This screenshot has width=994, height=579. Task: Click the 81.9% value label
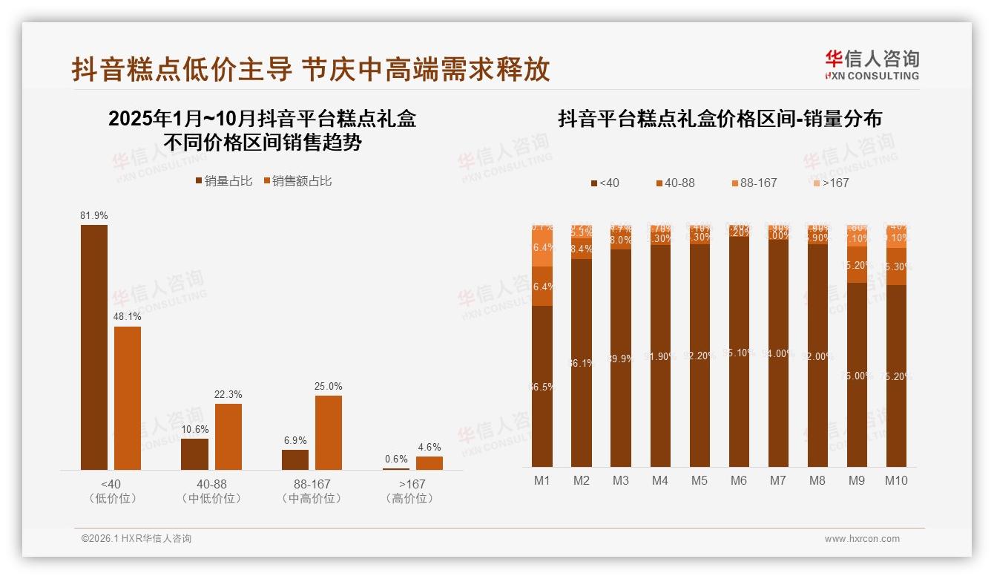coord(94,215)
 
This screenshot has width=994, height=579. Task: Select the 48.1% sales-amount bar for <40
coord(128,398)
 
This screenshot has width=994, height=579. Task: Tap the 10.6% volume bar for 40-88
coord(194,454)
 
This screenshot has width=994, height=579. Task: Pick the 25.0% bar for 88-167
coord(329,432)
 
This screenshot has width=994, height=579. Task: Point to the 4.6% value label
coord(429,447)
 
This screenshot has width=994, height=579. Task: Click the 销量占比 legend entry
coord(224,181)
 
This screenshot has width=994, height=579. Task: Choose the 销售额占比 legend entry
coord(297,181)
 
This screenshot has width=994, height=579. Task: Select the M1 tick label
coord(542,480)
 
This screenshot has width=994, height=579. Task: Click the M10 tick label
coord(896,480)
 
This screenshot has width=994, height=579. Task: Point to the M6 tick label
coord(738,480)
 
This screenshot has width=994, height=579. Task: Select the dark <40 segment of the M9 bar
coord(857,375)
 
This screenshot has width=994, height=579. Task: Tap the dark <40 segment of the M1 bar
coord(542,386)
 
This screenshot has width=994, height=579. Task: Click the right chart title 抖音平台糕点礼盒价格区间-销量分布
coord(720,119)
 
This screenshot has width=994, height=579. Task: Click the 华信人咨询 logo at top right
coord(872,65)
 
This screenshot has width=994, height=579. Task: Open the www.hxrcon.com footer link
coord(862,539)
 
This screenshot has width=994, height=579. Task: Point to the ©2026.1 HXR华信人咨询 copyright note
coord(136,539)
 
